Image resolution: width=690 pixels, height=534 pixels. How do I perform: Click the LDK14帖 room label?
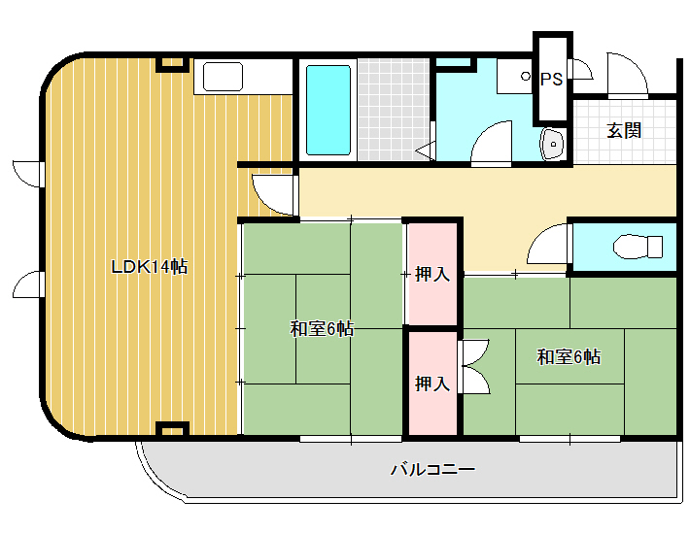pos(150,267)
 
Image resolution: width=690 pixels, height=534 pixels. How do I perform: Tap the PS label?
pos(551,79)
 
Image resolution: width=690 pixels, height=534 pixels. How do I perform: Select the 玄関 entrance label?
pos(624,130)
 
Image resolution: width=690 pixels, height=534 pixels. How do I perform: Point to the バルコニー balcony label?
pos(433,469)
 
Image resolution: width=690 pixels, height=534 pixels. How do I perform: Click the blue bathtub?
pos(328,111)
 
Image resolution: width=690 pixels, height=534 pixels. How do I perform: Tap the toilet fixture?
pos(638,247)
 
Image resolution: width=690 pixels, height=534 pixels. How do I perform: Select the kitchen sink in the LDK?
pos(223,77)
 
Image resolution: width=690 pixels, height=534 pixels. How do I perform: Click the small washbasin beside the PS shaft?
pos(553,144)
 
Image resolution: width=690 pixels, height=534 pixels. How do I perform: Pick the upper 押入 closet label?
pos(432,274)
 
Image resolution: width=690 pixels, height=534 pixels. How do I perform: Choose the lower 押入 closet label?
pos(432,384)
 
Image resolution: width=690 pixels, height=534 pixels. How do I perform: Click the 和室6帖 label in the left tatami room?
pos(322,328)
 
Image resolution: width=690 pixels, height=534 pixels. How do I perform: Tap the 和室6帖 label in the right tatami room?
pos(569,356)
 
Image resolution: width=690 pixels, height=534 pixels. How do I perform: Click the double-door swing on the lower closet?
pos(474,366)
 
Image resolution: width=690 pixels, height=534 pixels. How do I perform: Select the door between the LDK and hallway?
pos(273,195)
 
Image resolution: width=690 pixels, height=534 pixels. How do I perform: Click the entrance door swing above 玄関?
pos(628,75)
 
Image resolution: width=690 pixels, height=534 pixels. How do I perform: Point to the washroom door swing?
pos(491,144)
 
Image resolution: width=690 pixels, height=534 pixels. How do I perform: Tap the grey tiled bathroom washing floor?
pos(394,110)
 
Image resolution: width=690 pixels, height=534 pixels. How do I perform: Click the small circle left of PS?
pos(526,76)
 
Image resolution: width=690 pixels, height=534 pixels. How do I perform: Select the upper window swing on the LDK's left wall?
pos(28,174)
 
